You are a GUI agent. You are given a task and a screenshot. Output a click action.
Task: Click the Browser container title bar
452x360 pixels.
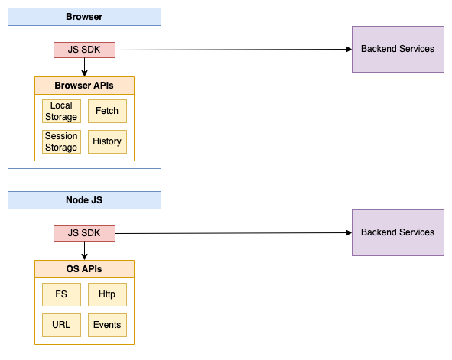(x=84, y=16)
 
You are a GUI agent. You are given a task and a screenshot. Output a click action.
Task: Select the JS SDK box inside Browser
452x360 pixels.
(x=84, y=50)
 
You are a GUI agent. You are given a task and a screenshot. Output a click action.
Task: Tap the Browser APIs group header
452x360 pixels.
(x=84, y=86)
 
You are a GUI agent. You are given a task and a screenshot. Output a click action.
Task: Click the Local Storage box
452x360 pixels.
(x=61, y=112)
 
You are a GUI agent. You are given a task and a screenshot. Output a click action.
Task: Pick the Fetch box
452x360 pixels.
(x=107, y=112)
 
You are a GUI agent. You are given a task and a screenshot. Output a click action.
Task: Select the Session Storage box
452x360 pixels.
(x=61, y=141)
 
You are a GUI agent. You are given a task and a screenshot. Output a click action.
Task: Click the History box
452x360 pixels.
(x=107, y=141)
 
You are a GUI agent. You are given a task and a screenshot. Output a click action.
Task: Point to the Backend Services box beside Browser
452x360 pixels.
(x=397, y=49)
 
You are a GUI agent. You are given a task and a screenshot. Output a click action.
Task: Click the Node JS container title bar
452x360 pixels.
(x=84, y=200)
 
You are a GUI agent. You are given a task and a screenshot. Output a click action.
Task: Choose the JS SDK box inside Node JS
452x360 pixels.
(x=84, y=233)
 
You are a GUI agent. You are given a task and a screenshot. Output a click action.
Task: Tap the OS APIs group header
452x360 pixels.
(x=84, y=269)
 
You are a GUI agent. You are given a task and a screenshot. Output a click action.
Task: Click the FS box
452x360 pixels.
(x=61, y=294)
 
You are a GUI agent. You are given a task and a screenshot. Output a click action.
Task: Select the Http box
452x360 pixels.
(x=107, y=294)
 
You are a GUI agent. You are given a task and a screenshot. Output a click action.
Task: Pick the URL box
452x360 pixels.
(x=61, y=325)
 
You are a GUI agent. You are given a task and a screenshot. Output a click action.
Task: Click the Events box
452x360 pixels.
(x=107, y=325)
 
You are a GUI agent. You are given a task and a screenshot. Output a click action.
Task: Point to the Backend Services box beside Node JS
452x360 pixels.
(x=397, y=232)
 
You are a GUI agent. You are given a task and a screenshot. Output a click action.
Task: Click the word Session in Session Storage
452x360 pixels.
(x=61, y=136)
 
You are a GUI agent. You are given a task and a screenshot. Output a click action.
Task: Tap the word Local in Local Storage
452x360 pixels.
(x=61, y=106)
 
